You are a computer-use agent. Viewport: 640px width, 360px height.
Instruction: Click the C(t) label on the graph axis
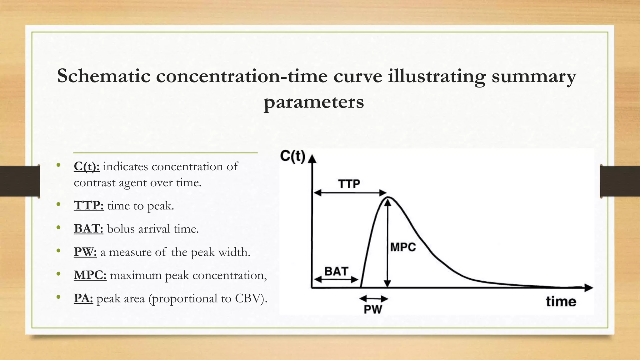(292, 156)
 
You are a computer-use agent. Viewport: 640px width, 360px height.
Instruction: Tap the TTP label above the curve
(349, 184)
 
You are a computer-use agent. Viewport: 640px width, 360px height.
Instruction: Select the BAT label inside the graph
(336, 271)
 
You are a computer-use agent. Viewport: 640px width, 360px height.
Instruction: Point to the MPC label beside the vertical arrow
(403, 247)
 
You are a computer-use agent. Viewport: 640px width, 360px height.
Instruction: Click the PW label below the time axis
(373, 309)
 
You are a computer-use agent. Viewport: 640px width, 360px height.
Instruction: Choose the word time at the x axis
(561, 302)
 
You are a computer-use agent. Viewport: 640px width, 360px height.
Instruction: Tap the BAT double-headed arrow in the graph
(336, 279)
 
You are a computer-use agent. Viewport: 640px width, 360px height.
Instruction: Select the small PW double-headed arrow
(374, 299)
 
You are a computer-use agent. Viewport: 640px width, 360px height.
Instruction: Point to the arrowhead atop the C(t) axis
(312, 158)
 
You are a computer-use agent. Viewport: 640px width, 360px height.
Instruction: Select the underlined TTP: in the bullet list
(89, 206)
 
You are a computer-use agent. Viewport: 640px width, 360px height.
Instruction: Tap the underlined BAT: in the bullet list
(88, 229)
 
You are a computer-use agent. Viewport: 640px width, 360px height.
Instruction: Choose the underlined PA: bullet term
(83, 298)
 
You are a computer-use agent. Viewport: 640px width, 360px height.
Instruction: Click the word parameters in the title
(314, 102)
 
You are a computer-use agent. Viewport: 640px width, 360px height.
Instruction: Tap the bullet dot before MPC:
(58, 274)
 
